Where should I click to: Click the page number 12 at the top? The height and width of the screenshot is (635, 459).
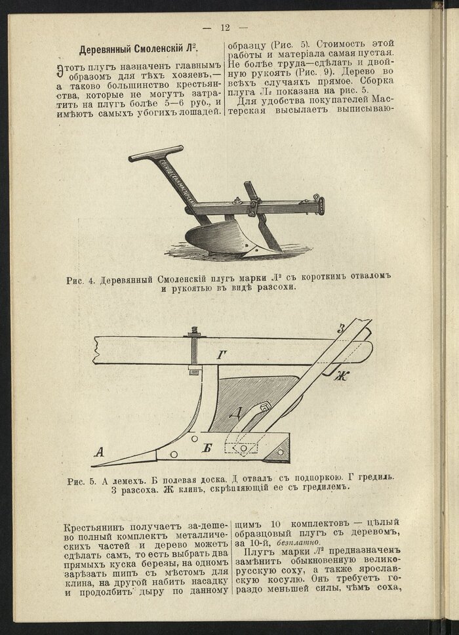[x=225, y=28]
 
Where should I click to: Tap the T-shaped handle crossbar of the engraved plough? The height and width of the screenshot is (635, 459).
[x=155, y=154]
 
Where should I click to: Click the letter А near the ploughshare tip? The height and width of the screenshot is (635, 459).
[x=100, y=451]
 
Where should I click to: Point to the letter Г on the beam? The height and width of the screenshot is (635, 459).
[x=222, y=356]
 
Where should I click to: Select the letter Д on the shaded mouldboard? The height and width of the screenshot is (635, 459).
[x=238, y=413]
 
